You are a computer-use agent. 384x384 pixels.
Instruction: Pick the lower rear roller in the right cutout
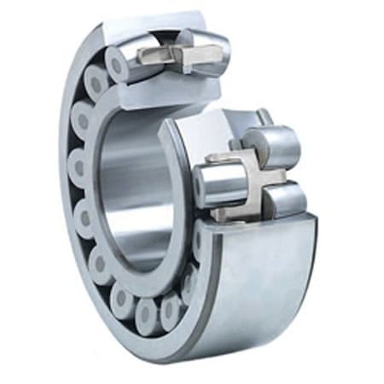(x=285, y=198)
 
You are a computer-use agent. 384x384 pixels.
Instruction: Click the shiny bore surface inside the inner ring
(x=137, y=188)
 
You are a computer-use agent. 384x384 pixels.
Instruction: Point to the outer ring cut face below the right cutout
(x=256, y=224)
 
